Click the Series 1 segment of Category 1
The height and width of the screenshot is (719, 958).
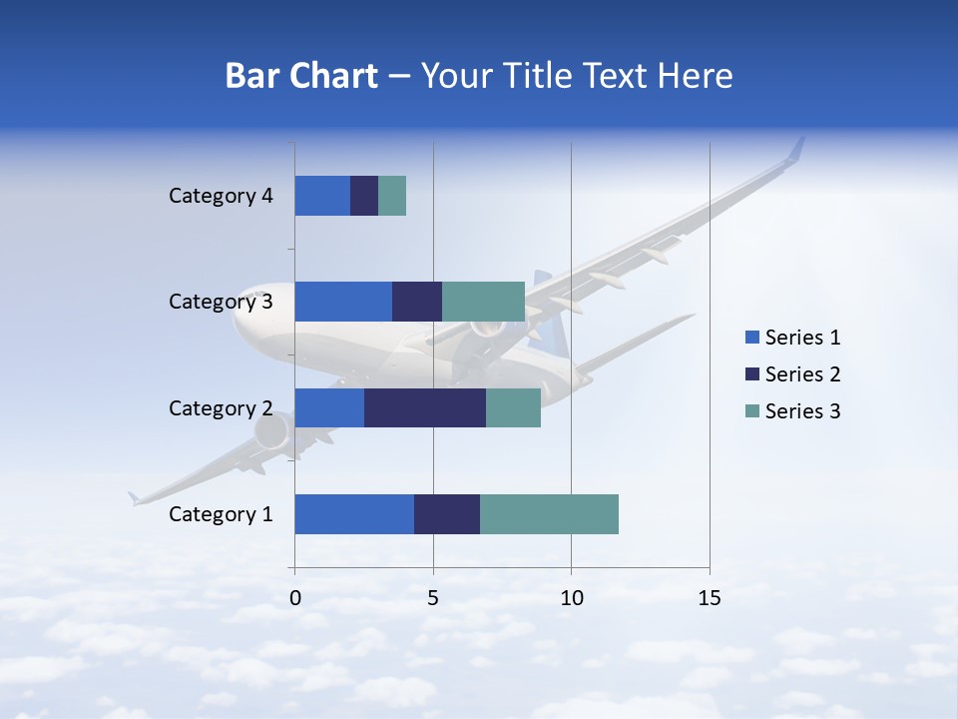pos(354,514)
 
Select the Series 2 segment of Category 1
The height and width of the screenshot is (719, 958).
pos(447,514)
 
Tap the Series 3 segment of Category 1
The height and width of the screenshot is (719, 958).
pos(549,514)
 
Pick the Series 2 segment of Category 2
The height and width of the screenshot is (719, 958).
pos(425,407)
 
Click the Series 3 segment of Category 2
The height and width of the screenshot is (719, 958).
pos(513,407)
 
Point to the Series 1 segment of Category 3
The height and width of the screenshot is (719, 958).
pos(343,302)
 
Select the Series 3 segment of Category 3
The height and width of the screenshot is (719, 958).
pos(483,302)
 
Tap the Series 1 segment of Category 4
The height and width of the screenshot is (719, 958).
pos(322,196)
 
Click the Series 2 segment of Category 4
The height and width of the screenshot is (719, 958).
pos(364,196)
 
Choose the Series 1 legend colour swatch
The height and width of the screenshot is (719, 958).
pos(751,338)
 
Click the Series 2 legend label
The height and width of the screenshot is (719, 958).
pos(802,374)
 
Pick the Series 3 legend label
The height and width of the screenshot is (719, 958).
pos(802,411)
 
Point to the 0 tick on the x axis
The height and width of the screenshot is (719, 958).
pos(295,598)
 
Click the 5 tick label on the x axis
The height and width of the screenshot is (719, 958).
pos(433,598)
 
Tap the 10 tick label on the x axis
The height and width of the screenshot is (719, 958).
pos(571,598)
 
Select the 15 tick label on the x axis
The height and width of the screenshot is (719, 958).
pos(709,598)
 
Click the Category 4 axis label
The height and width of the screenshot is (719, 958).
pos(221,196)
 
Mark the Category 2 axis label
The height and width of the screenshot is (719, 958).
pos(221,407)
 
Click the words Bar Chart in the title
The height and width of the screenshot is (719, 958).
pos(301,76)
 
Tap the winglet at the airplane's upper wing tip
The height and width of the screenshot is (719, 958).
pos(795,150)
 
